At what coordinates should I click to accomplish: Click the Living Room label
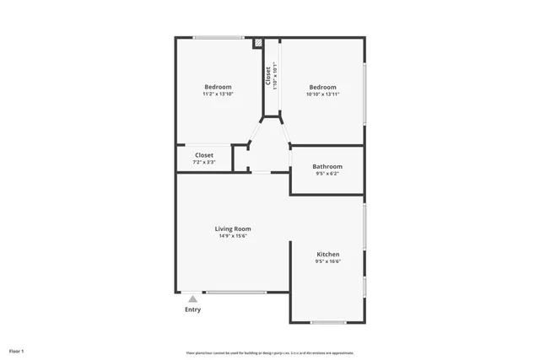click(233, 228)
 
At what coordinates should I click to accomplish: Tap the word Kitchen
click(327, 255)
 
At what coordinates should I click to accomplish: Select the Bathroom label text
click(327, 167)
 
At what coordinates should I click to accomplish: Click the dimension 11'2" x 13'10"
click(218, 94)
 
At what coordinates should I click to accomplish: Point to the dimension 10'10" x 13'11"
click(322, 94)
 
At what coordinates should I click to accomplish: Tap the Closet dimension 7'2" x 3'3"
click(204, 162)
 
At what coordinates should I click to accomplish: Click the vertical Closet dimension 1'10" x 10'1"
click(275, 77)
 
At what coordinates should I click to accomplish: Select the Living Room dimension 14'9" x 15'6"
click(233, 236)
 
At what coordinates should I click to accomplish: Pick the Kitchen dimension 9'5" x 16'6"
click(327, 262)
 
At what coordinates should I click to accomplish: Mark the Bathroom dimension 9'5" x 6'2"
click(327, 175)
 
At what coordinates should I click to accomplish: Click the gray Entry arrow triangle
click(193, 298)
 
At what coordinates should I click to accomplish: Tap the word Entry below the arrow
click(193, 309)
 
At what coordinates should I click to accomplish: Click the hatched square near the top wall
click(260, 42)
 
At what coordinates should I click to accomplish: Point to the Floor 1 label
click(17, 351)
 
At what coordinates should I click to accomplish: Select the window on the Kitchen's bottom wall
click(328, 322)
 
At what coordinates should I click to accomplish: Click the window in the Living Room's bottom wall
click(236, 293)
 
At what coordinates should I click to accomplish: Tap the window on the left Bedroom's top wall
click(219, 37)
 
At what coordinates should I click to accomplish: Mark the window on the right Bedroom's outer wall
click(364, 93)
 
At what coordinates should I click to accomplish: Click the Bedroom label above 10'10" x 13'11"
click(322, 87)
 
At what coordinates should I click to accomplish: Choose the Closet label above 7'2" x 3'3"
click(204, 155)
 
